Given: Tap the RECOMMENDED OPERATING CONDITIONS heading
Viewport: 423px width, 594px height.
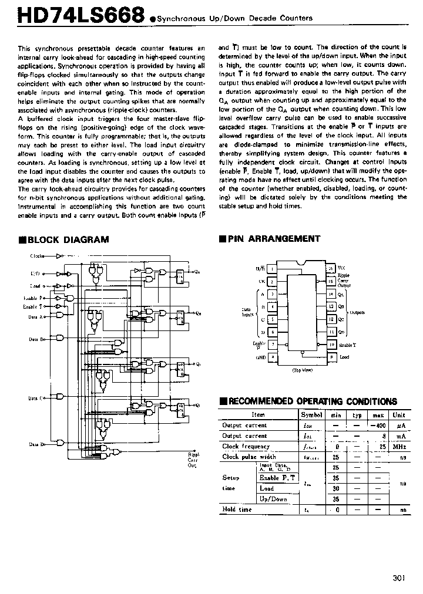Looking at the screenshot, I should [312, 401].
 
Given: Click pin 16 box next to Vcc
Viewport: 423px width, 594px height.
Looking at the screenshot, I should [331, 268].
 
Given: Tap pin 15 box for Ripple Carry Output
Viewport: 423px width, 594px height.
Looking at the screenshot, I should [331, 281].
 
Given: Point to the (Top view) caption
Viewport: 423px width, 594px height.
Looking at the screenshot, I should [302, 370].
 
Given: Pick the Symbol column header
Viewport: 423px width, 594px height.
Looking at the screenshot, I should [311, 414].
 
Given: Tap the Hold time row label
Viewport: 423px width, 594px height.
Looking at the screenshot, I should [237, 509].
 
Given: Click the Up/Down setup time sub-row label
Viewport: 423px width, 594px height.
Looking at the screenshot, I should [274, 499].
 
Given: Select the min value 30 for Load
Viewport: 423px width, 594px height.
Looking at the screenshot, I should [336, 488].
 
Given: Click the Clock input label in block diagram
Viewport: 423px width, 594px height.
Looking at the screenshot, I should [38, 256].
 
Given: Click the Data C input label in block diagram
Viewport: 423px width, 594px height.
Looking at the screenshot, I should [37, 398].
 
